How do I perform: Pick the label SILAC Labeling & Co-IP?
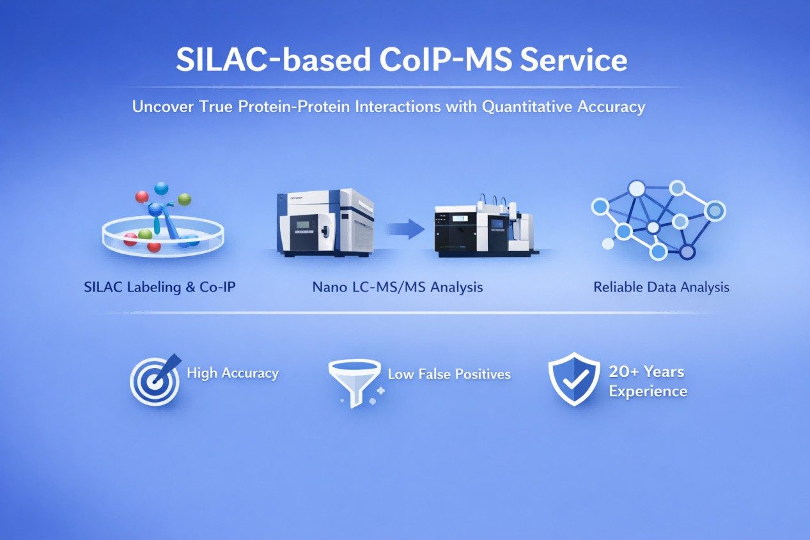[160, 287]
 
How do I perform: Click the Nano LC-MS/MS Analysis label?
[398, 287]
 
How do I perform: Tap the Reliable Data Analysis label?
[661, 287]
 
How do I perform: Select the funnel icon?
[354, 382]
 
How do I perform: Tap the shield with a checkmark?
[574, 380]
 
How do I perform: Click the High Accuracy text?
[233, 373]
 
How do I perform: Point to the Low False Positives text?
[449, 374]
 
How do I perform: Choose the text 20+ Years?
[646, 372]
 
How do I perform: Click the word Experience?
[648, 391]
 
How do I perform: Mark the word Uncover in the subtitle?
[160, 107]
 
